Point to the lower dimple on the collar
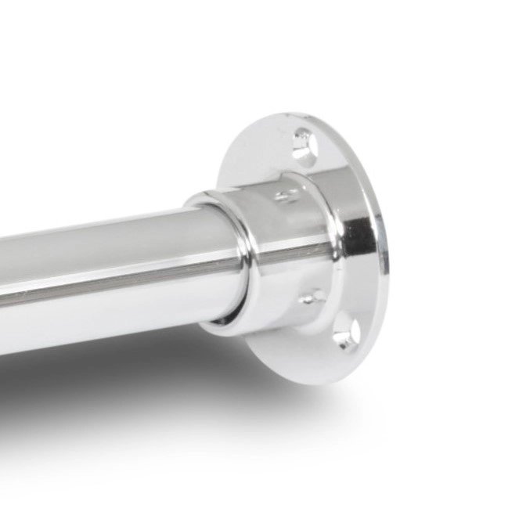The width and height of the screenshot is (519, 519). [x=312, y=297]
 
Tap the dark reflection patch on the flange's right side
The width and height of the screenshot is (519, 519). [x=362, y=235]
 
